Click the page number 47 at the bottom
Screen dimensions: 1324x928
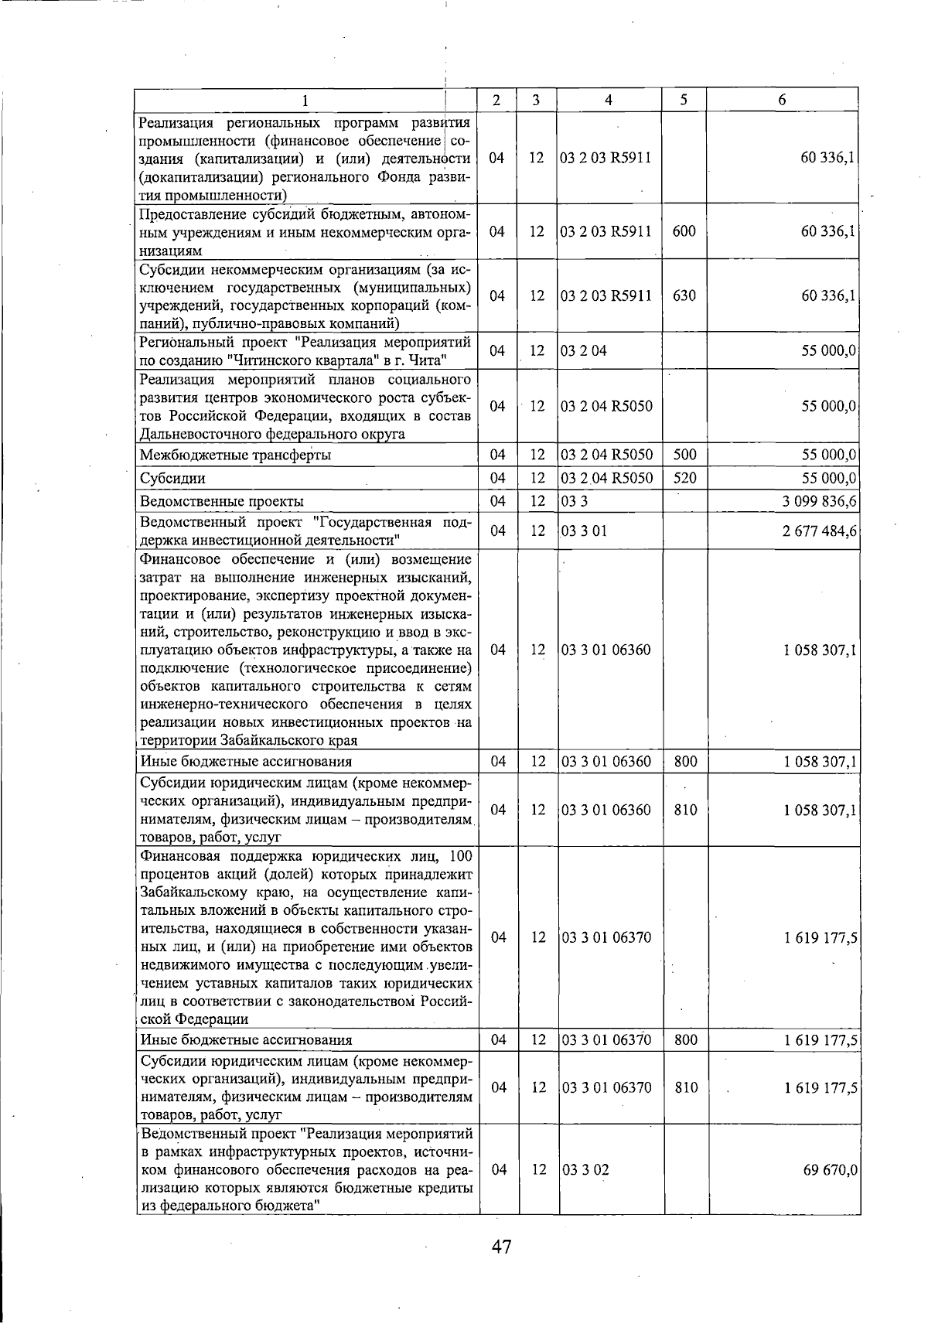point(501,1246)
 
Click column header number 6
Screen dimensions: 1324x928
point(782,100)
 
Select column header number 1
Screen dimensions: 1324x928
point(305,100)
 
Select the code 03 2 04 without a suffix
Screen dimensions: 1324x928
point(583,351)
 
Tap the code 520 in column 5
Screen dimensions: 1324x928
point(684,478)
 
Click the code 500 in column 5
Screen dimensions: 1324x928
point(684,455)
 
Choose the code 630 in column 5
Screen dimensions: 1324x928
point(684,295)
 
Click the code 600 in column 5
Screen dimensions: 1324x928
point(684,230)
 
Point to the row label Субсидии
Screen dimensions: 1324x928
point(172,478)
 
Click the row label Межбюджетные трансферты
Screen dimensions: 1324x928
point(235,455)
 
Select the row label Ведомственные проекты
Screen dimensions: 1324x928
point(221,501)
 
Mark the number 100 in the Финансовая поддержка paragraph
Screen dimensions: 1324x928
point(460,856)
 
